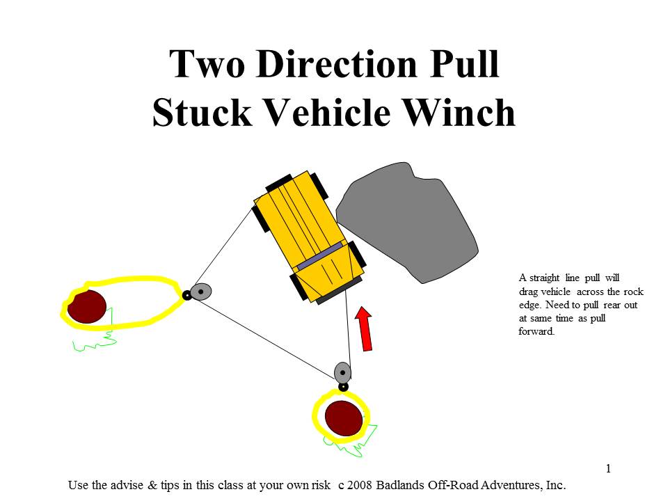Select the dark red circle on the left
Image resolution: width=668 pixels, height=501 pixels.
(87, 306)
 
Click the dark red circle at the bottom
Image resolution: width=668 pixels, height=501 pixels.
(344, 417)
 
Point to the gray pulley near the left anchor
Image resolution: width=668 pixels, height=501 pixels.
(200, 292)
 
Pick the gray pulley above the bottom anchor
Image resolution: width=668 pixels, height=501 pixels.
(342, 372)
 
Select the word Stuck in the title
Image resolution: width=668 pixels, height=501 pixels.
(197, 113)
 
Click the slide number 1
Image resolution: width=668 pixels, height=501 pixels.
(608, 468)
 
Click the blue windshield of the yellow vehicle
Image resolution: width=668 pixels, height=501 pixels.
(320, 253)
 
